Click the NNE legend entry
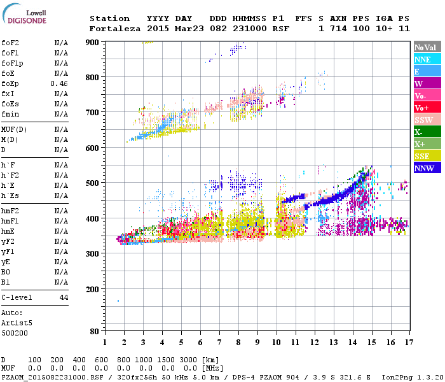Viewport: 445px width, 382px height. (x=422, y=59)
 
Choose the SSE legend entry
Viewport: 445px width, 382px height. (x=422, y=156)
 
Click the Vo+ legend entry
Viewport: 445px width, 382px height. (x=422, y=108)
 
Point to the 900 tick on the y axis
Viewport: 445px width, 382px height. (x=93, y=42)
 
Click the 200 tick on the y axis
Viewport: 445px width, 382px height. (x=93, y=289)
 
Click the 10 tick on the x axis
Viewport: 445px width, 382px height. (x=276, y=342)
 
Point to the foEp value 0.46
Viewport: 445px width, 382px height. (x=59, y=83)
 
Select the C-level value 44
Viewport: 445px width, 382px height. (x=64, y=297)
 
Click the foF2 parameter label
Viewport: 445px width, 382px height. (x=10, y=43)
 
